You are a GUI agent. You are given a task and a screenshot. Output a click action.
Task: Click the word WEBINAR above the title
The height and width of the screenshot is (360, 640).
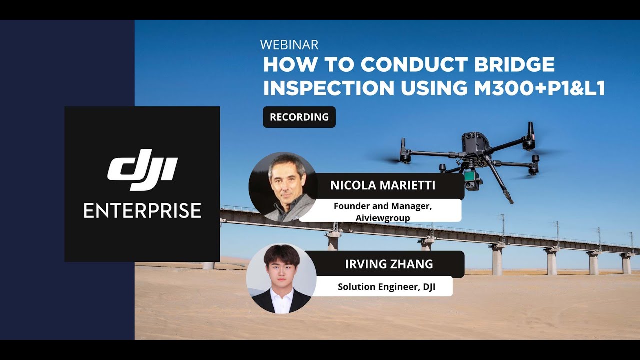(x=289, y=45)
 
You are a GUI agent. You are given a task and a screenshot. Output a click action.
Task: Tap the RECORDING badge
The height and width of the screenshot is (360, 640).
(x=299, y=117)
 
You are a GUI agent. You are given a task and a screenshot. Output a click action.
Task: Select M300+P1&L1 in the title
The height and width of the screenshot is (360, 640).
(x=540, y=88)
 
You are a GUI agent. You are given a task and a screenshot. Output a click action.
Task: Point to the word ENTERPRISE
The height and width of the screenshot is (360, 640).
(x=142, y=210)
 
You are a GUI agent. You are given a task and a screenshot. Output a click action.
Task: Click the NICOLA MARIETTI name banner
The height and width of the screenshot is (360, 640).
(x=382, y=186)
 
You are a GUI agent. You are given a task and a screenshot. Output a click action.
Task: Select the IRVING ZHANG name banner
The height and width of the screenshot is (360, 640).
(x=389, y=264)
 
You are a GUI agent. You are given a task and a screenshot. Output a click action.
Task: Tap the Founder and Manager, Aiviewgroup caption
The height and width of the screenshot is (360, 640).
(x=382, y=211)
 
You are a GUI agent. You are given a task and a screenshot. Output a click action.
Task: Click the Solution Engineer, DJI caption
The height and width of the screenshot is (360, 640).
(x=386, y=287)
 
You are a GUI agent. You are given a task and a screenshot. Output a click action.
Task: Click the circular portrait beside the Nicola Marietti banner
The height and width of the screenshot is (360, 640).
(x=283, y=187)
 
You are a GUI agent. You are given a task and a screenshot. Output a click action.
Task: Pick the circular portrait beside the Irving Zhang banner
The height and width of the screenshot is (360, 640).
(x=281, y=279)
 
